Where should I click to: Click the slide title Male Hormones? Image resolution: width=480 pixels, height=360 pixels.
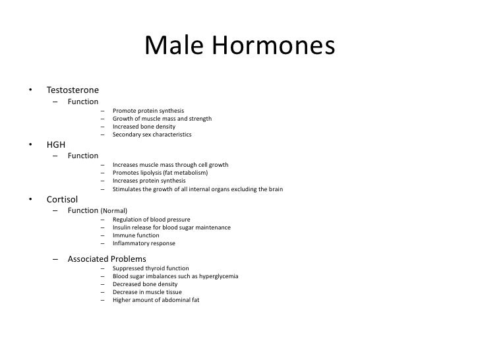239,47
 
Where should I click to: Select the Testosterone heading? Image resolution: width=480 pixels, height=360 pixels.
73,90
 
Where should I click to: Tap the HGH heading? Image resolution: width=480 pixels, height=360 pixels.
56,144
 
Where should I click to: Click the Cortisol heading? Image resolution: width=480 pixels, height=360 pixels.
63,199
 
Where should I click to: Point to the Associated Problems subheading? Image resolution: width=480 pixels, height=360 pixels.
107,259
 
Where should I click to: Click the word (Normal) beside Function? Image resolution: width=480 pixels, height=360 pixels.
113,211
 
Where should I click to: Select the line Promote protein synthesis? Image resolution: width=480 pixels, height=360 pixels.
148,111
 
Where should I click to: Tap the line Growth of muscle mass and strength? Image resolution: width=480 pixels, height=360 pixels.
162,119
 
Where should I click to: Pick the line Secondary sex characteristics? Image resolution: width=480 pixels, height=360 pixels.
152,135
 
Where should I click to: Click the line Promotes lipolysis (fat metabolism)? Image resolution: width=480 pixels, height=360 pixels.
160,173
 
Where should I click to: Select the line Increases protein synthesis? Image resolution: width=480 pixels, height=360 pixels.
149,181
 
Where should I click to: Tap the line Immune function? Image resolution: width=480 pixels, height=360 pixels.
136,235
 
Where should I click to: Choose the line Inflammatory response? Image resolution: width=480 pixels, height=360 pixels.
144,243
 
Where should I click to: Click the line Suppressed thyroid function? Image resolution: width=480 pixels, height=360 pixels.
151,268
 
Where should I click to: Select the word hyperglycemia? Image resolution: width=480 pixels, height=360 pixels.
218,276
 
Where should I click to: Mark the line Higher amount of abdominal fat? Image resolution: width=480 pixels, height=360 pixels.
156,300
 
